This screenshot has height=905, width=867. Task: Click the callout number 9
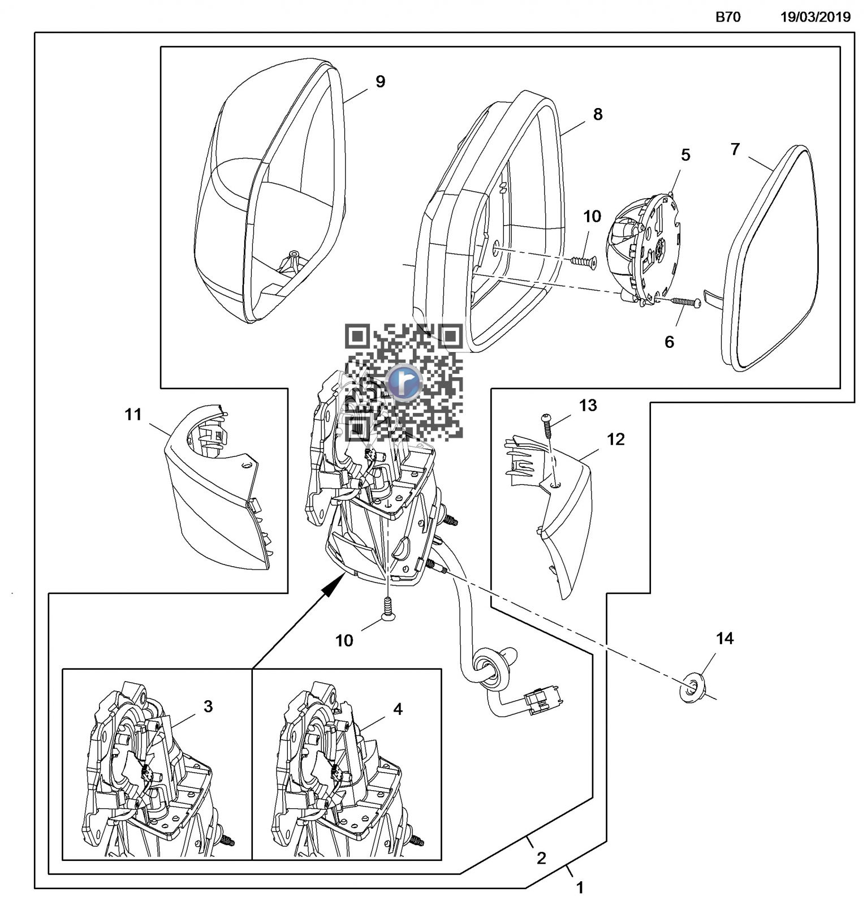click(x=380, y=81)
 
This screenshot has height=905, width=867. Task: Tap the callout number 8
click(x=597, y=114)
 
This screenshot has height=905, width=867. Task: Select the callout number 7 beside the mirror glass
click(x=735, y=149)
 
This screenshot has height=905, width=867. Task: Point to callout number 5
click(x=685, y=155)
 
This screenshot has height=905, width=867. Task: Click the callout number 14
click(x=724, y=639)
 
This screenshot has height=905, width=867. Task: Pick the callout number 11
click(x=133, y=415)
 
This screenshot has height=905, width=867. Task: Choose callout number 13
click(x=588, y=406)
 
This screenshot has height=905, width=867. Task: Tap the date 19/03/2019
click(x=815, y=17)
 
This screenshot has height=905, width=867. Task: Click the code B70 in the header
click(x=728, y=17)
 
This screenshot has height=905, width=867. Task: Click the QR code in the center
click(x=404, y=382)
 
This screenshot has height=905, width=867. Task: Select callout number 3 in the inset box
click(x=208, y=706)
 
